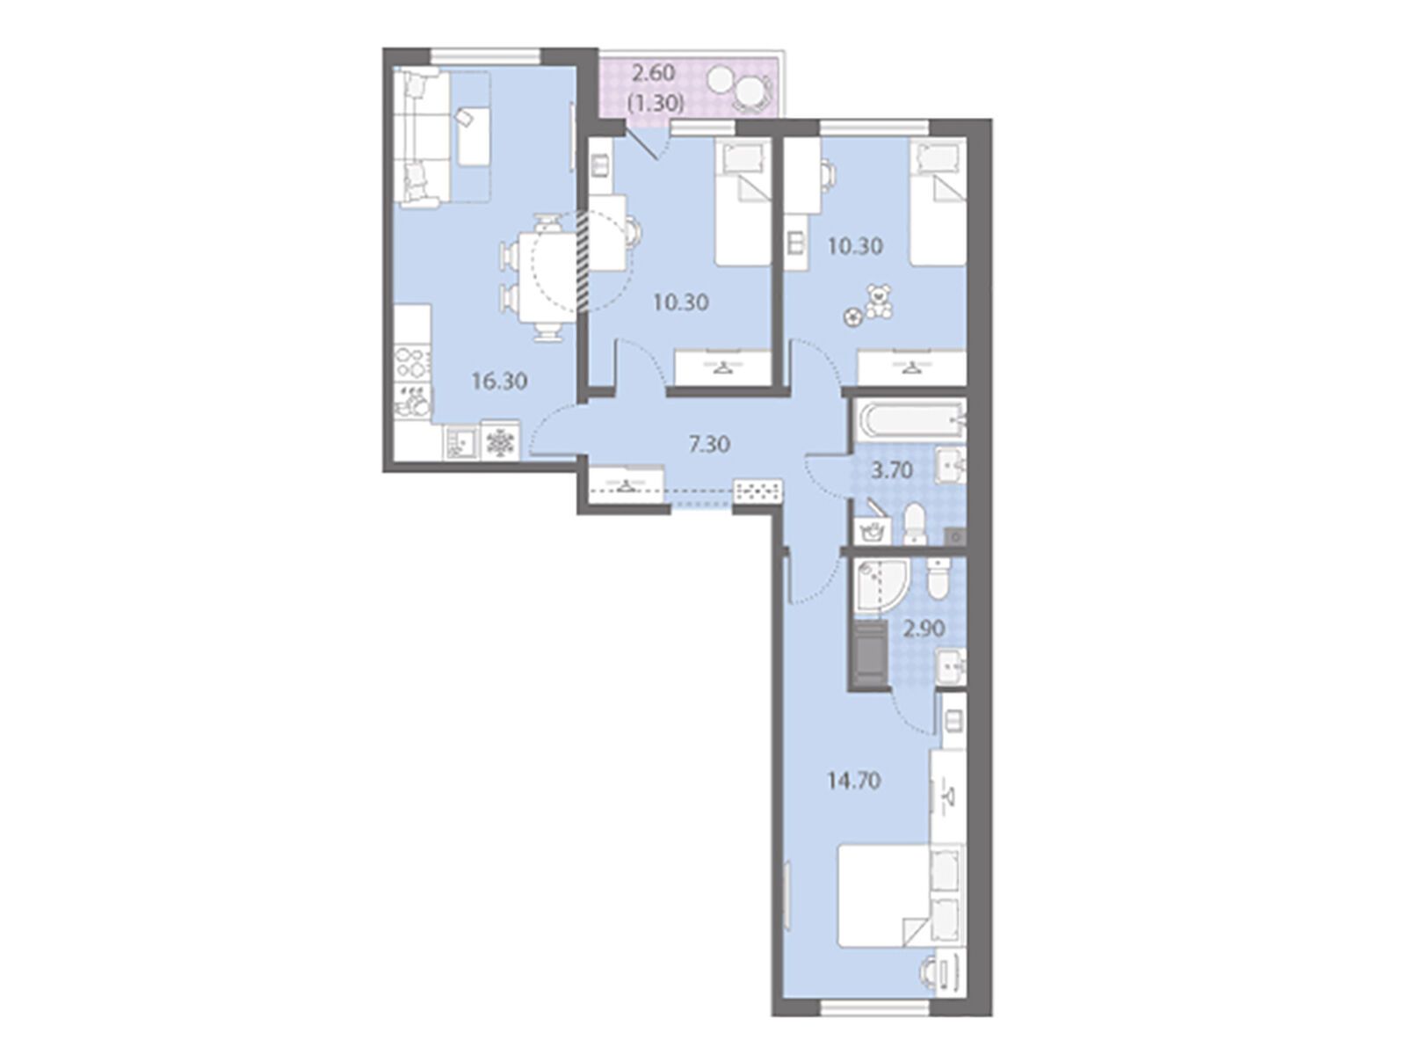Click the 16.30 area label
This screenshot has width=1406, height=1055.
pos(500,382)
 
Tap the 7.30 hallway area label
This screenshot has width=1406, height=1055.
pos(709,444)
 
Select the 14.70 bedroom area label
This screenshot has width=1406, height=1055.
pos(853,781)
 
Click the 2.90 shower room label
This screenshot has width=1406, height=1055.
pos(924,629)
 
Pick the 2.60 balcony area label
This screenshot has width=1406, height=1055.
pos(654,74)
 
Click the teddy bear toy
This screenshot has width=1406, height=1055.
pos(878,302)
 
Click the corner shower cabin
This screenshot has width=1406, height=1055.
pos(876,589)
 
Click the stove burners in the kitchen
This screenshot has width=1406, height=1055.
pos(410,362)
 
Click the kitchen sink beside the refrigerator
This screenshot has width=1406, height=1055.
pos(461,442)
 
